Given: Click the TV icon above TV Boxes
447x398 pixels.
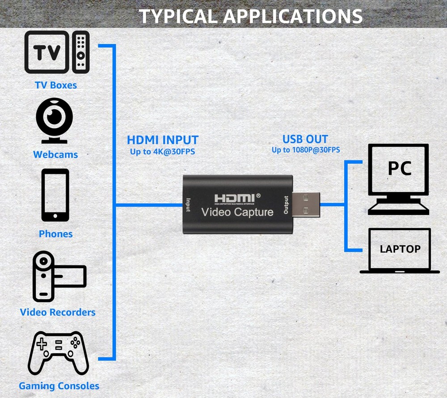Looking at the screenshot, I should tap(47, 52).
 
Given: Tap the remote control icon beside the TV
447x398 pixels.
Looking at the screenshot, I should tap(81, 52).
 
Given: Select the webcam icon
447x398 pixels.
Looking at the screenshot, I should tap(55, 120).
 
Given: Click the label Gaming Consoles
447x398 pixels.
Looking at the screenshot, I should tap(59, 386).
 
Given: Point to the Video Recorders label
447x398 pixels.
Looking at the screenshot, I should tap(58, 312).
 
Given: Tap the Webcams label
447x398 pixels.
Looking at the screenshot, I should tap(55, 154).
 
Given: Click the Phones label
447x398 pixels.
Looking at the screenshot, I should tap(55, 234).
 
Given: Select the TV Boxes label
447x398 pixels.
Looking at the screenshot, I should tap(56, 85).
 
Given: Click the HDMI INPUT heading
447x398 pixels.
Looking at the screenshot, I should tap(162, 140).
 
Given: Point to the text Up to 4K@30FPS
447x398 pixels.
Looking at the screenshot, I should tap(162, 152).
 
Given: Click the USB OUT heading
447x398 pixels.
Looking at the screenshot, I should tap(305, 139).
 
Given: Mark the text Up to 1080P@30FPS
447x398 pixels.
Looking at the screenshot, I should tap(306, 150).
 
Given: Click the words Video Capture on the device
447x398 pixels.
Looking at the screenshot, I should tap(237, 212).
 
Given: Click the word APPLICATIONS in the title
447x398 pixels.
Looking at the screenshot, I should tap(292, 16).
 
